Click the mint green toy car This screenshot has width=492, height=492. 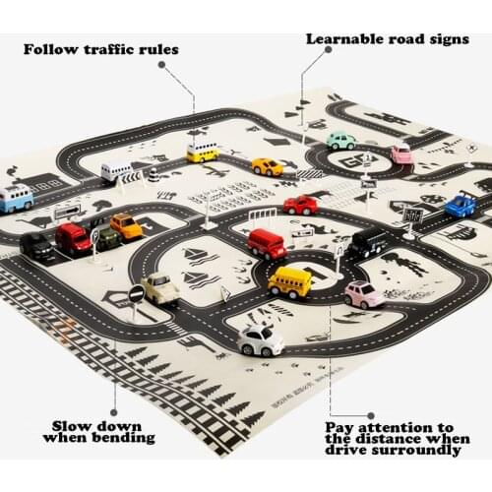[340, 141]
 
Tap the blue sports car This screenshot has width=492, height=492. [460, 206]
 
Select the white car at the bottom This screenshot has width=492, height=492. [260, 339]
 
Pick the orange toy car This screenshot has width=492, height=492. [126, 226]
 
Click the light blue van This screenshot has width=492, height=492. [16, 197]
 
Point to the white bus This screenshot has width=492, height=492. [116, 171]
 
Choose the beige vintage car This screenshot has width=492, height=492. [159, 288]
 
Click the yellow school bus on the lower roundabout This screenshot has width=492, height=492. [289, 281]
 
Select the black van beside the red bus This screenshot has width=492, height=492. [369, 242]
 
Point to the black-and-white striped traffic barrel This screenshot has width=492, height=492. [154, 176]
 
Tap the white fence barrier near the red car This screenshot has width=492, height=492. [262, 214]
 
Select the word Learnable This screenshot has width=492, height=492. [343, 40]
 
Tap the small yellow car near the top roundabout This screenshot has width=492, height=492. [267, 166]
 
